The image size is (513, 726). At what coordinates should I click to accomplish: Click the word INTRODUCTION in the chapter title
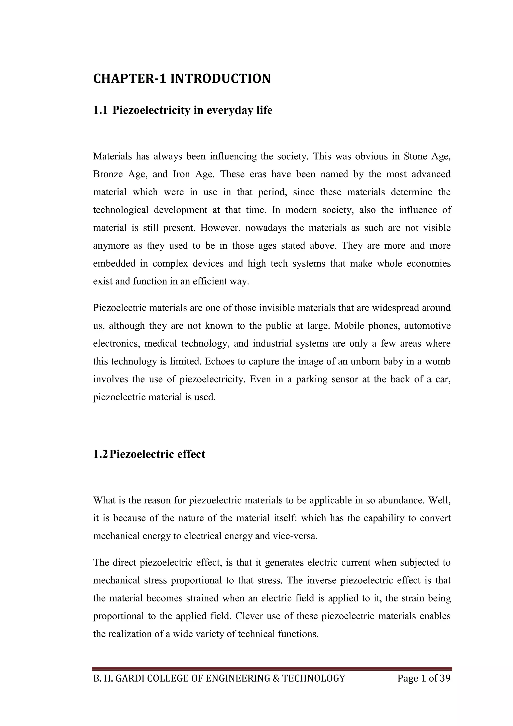point(220,78)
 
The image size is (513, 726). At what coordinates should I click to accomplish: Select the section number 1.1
point(100,110)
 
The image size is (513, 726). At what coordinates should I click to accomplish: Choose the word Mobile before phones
point(349,325)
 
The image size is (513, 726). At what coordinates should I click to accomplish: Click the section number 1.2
point(100,454)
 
